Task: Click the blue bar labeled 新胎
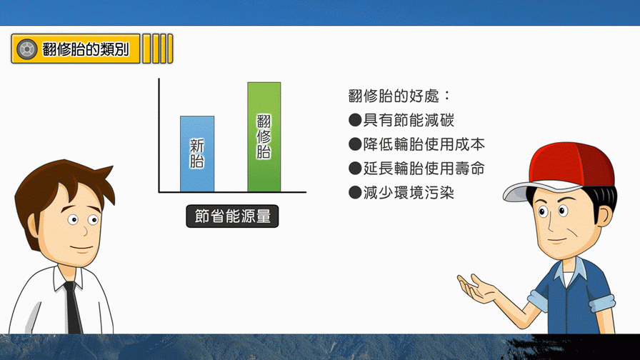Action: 197,154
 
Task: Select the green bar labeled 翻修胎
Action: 264,137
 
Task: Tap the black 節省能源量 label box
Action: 232,216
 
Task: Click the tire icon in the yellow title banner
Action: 26,49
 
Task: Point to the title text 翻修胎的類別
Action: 85,49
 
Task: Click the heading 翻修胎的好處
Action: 394,96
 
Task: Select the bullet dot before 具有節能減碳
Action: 355,120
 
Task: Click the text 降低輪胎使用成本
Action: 424,144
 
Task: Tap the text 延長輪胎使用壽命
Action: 424,168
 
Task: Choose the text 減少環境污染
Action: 409,193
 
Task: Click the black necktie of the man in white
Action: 73,307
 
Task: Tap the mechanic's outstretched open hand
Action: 478,288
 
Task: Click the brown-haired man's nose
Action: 84,231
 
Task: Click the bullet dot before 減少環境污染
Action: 355,193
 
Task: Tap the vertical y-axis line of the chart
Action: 159,135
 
